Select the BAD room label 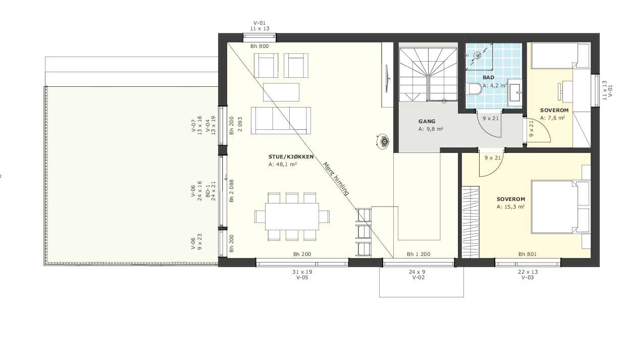(488, 78)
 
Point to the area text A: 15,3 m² (510, 207)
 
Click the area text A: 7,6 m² (552, 118)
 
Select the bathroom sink (515, 93)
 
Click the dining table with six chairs (292, 216)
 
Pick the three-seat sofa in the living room (281, 120)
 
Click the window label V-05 (302, 278)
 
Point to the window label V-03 (527, 278)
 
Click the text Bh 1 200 (419, 254)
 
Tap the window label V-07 (193, 125)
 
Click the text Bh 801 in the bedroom (527, 254)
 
